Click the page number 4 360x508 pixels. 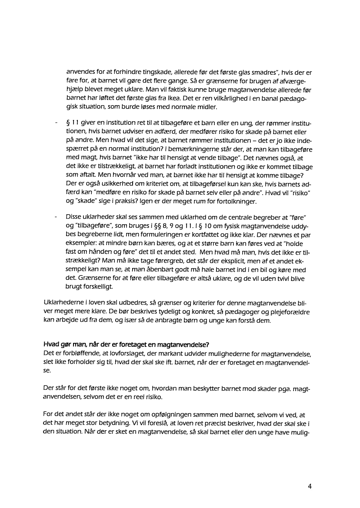pos(310,486)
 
